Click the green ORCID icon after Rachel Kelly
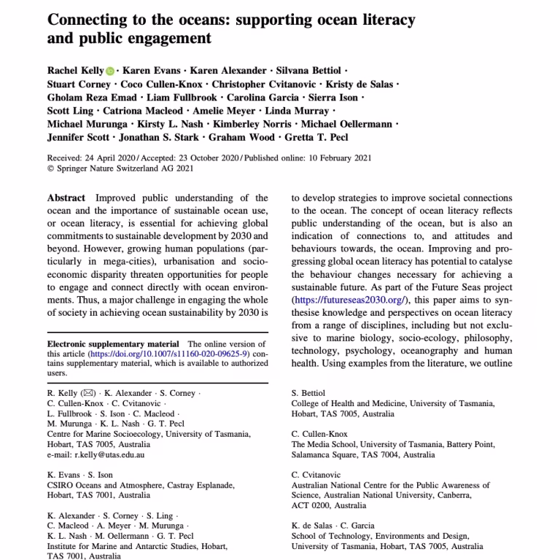coord(110,71)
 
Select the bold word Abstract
coord(66,198)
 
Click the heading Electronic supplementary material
coord(112,343)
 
